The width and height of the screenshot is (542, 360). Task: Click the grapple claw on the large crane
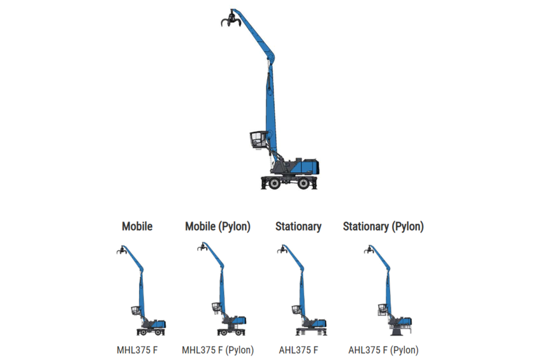click(228, 20)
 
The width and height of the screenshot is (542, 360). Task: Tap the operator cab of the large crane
click(257, 139)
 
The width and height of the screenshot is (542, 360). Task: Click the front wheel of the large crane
click(273, 184)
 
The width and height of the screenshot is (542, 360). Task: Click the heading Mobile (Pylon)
click(217, 226)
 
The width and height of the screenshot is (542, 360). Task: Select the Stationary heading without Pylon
click(298, 226)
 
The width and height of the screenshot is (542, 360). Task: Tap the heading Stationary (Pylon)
click(383, 226)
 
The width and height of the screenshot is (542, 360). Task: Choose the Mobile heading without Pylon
click(137, 226)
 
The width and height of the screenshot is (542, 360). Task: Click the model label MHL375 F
click(136, 350)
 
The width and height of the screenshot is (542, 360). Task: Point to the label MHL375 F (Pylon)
click(217, 350)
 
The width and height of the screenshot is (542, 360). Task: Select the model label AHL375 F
click(298, 350)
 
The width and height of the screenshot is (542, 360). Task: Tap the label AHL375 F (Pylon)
click(383, 350)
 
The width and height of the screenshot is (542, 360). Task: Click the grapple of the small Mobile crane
click(121, 251)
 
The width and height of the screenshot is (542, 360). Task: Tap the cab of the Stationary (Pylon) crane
click(382, 310)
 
